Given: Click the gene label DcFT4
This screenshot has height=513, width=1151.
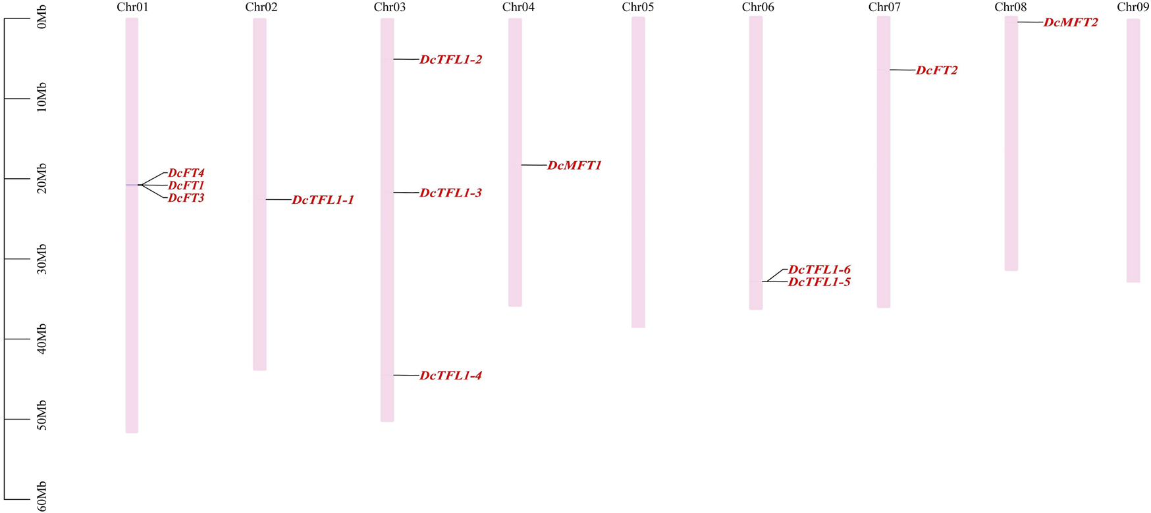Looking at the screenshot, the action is pyautogui.click(x=186, y=174).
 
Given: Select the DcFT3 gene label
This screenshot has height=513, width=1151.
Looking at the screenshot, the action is pyautogui.click(x=186, y=198).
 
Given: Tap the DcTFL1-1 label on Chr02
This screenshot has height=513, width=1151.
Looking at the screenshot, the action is pyautogui.click(x=323, y=200).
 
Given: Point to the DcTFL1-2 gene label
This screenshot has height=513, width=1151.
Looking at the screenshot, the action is pyautogui.click(x=451, y=60).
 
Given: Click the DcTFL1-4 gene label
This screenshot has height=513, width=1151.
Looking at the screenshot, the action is pyautogui.click(x=451, y=376).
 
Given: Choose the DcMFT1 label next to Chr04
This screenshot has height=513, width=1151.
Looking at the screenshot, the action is pyautogui.click(x=575, y=166).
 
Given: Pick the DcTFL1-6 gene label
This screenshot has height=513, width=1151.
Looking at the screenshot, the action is pyautogui.click(x=819, y=270).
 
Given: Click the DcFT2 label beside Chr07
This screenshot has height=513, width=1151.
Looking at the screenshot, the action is pyautogui.click(x=937, y=70).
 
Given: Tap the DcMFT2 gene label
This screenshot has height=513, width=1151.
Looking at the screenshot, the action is pyautogui.click(x=1071, y=22).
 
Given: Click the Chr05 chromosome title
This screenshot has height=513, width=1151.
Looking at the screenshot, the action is pyautogui.click(x=638, y=7).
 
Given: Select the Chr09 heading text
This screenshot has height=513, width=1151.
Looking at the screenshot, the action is pyautogui.click(x=1133, y=7).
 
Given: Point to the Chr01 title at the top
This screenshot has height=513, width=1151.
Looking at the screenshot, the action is pyautogui.click(x=132, y=7).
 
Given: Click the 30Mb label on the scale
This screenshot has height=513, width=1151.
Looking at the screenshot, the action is pyautogui.click(x=41, y=259).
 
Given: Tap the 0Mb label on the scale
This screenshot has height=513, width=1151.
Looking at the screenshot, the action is pyautogui.click(x=41, y=20).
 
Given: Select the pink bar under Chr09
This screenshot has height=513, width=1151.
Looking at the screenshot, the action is pyautogui.click(x=1133, y=151).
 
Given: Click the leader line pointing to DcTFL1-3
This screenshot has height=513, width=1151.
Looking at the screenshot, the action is pyautogui.click(x=406, y=193).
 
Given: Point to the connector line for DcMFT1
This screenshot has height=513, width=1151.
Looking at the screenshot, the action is pyautogui.click(x=534, y=165).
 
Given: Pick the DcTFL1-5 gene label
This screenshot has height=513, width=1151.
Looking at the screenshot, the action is pyautogui.click(x=819, y=282).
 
